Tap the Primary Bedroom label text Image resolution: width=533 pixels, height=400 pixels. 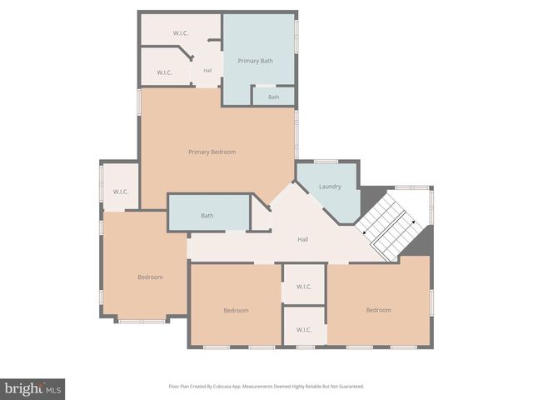point(212,152)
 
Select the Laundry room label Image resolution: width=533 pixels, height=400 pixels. point(330,186)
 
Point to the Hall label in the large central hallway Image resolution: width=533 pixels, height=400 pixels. point(304,240)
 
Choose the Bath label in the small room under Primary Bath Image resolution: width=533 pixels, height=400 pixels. point(273,97)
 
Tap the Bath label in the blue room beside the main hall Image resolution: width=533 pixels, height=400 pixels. point(207,216)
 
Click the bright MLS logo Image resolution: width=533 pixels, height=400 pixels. point(32,389)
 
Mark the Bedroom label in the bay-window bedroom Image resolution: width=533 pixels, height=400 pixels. point(150,277)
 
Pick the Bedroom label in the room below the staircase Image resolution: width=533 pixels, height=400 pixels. point(378,310)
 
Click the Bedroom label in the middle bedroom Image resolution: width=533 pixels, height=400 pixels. point(236,310)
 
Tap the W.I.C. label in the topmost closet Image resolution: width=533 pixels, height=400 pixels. point(182,32)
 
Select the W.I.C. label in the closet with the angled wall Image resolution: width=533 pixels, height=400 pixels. point(163,72)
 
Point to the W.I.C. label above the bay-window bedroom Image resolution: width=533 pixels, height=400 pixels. point(120,192)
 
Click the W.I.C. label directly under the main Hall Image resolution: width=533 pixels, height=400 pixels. point(303,287)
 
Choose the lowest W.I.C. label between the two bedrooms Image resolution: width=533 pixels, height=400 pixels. point(303,329)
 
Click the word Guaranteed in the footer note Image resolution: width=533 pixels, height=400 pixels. point(348,387)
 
